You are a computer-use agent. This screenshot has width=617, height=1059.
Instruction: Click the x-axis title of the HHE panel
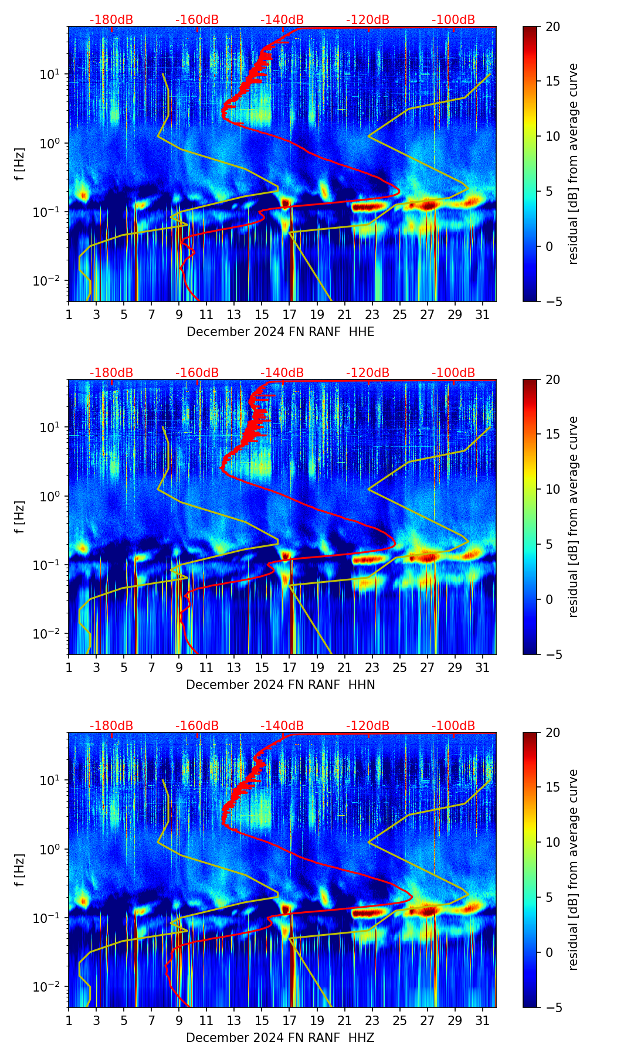point(280,332)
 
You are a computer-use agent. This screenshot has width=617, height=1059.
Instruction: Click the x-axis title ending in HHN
point(280,685)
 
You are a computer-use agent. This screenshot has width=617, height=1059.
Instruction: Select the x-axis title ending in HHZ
point(280,1038)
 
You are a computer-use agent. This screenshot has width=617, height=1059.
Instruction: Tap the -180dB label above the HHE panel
point(111,20)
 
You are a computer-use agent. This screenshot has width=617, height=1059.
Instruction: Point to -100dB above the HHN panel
point(453,373)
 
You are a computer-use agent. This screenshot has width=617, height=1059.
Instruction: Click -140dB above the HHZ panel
point(282,726)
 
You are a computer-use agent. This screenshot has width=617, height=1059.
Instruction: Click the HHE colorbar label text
point(574,164)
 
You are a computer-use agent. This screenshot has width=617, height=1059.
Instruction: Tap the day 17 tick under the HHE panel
point(290,314)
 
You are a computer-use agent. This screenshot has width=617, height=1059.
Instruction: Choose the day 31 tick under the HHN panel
point(483,667)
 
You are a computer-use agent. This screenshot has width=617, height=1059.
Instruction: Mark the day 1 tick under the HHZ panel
point(69,1020)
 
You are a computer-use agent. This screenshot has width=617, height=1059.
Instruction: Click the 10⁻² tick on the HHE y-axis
point(52,281)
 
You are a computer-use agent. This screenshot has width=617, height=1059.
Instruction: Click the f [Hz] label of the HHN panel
point(20,517)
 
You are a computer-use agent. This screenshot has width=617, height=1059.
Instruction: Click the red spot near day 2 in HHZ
point(83,901)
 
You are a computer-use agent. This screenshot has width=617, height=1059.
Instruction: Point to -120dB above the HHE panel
point(368,20)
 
